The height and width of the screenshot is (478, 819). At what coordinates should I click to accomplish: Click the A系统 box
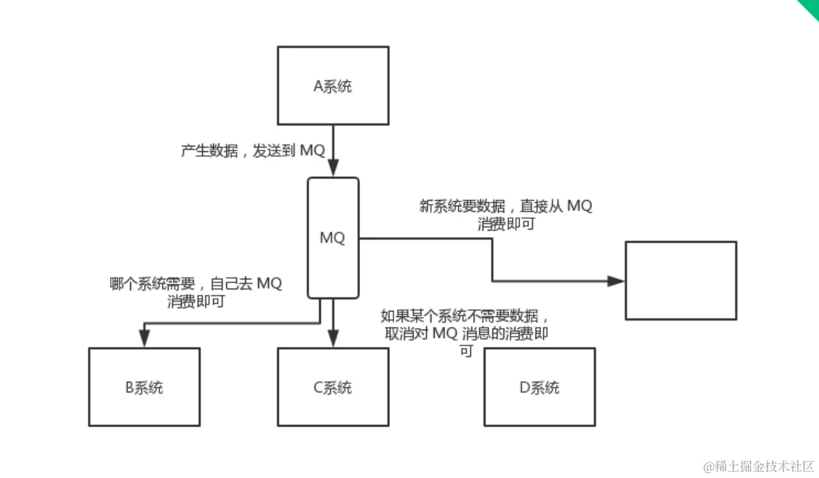pos(333,86)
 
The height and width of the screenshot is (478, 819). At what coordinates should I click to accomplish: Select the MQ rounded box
pos(333,238)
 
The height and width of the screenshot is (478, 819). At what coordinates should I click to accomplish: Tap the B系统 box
pos(144,387)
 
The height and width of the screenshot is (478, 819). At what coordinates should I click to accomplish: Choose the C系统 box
pos(333,387)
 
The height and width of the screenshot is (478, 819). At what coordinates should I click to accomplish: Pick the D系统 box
pos(540,387)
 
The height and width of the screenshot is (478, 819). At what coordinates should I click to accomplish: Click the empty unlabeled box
pos(680,280)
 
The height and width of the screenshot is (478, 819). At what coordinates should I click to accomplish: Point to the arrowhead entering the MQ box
pos(333,169)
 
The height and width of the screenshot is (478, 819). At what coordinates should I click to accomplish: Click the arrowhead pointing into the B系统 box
pos(144,339)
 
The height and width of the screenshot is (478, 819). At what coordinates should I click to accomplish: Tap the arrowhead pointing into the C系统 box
pos(333,339)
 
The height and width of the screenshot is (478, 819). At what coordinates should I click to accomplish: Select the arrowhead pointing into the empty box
pos(616,281)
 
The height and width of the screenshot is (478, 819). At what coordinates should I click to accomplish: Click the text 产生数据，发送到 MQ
pos(253,151)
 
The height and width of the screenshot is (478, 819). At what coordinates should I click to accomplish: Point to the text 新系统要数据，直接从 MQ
pos(506,206)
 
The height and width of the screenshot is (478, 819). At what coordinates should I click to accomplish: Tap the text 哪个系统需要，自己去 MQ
pos(196,284)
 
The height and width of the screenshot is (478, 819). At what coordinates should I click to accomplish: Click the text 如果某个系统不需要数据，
pos(469,316)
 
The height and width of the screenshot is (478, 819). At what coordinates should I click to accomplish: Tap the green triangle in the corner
pos(811,7)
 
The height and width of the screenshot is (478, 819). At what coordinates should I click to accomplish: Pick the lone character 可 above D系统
pos(466,350)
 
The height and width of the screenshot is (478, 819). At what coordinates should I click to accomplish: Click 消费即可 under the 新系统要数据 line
pos(506,224)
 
